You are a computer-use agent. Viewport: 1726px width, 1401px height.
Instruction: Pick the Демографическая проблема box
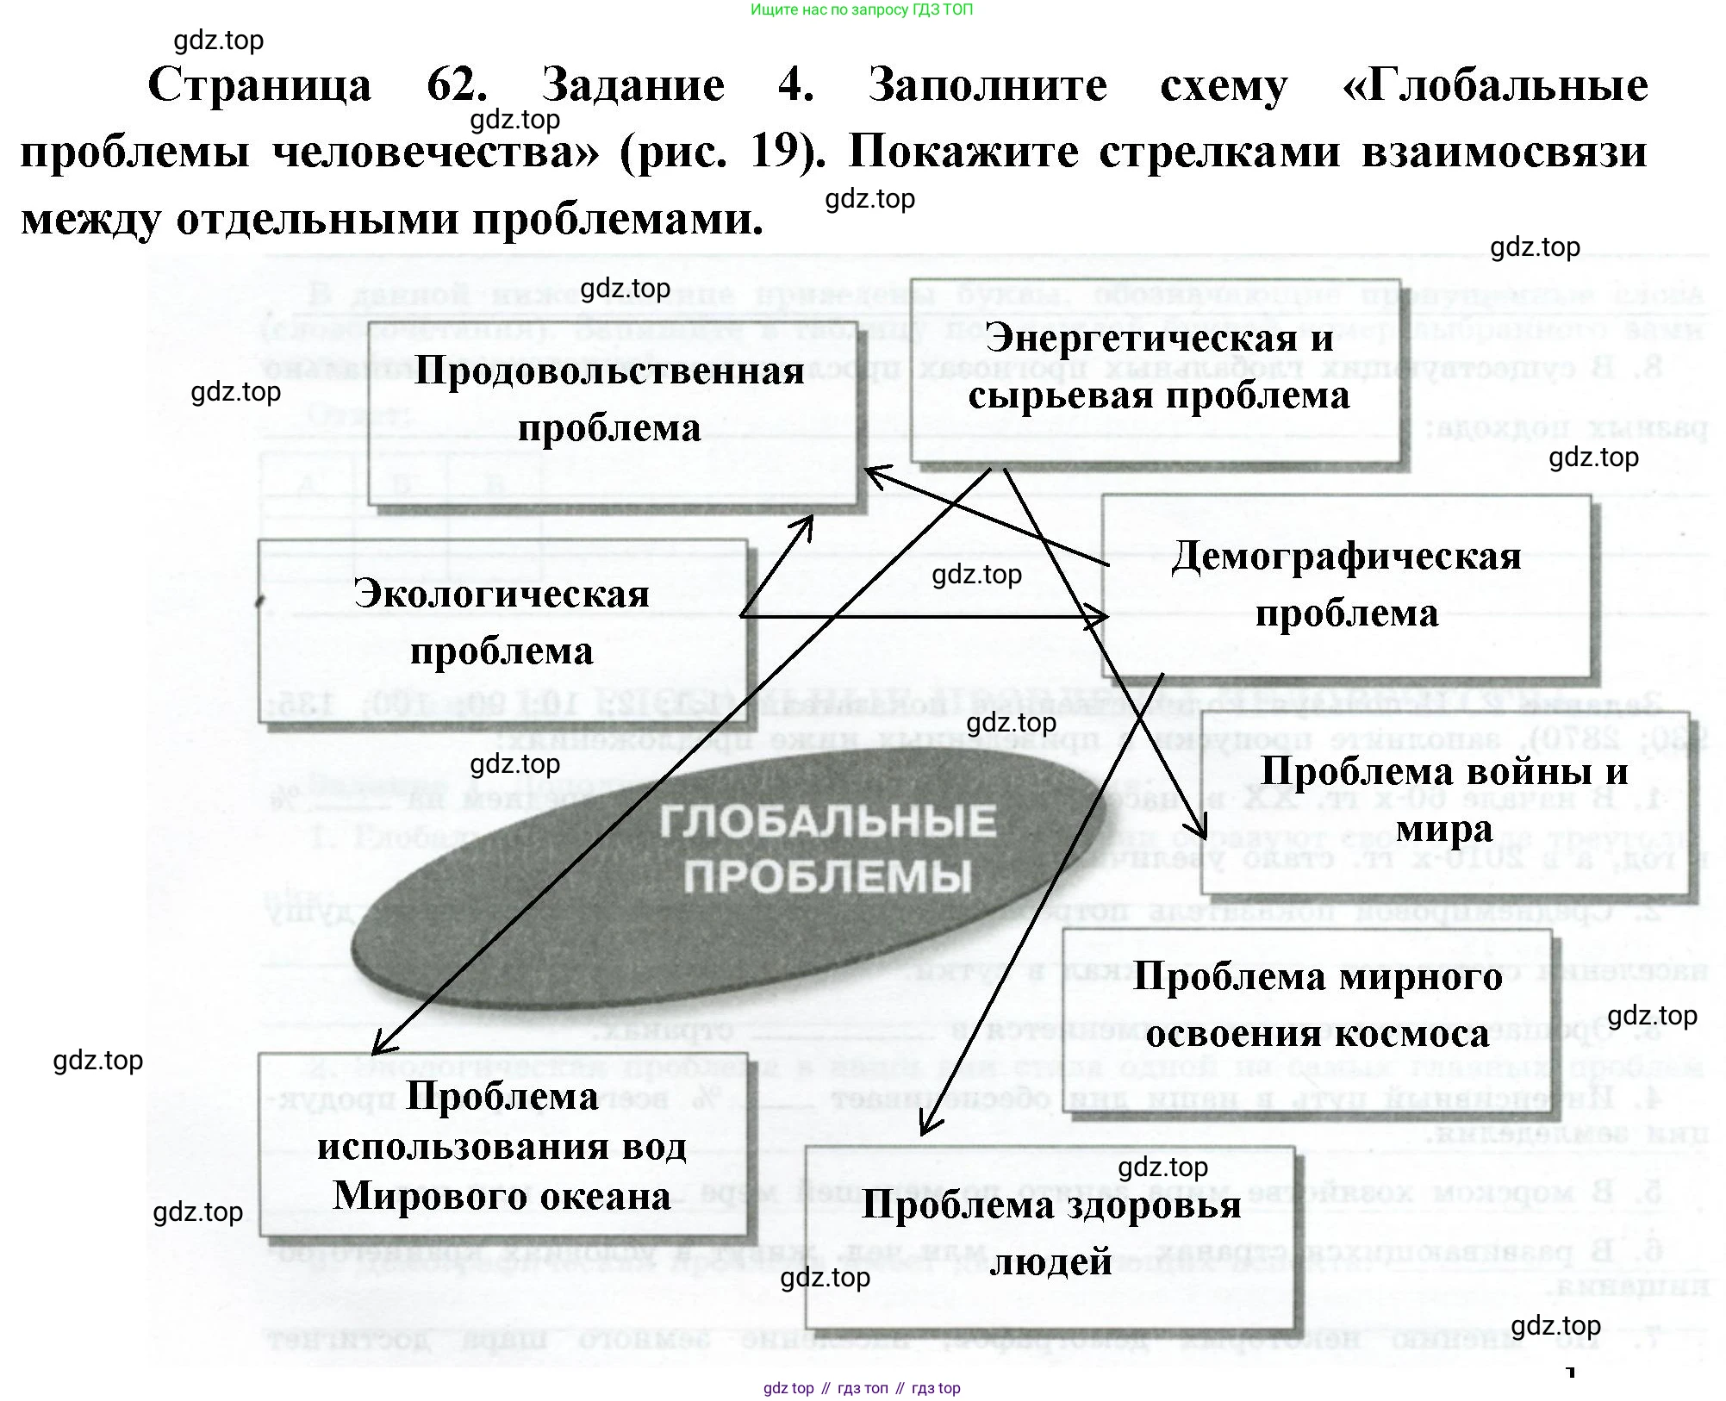pyautogui.click(x=1346, y=586)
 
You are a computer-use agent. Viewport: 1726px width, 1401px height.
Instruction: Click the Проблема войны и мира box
pyautogui.click(x=1444, y=800)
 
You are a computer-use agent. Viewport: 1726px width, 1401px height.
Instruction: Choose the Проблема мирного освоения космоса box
pyautogui.click(x=1317, y=1006)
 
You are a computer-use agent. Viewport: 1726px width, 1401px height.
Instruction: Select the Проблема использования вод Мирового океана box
pyautogui.click(x=502, y=1146)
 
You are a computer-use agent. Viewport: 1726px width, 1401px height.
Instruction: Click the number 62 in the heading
pyautogui.click(x=457, y=85)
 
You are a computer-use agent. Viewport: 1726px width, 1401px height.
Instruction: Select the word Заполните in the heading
pyautogui.click(x=988, y=85)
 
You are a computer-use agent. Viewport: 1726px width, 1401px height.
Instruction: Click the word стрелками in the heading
pyautogui.click(x=1219, y=153)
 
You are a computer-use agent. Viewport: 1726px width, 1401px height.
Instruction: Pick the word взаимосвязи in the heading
pyautogui.click(x=1504, y=153)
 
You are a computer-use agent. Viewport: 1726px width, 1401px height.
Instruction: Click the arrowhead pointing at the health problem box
pyautogui.click(x=925, y=1129)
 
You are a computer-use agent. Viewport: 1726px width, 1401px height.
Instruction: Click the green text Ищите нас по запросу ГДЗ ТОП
pyautogui.click(x=862, y=10)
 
